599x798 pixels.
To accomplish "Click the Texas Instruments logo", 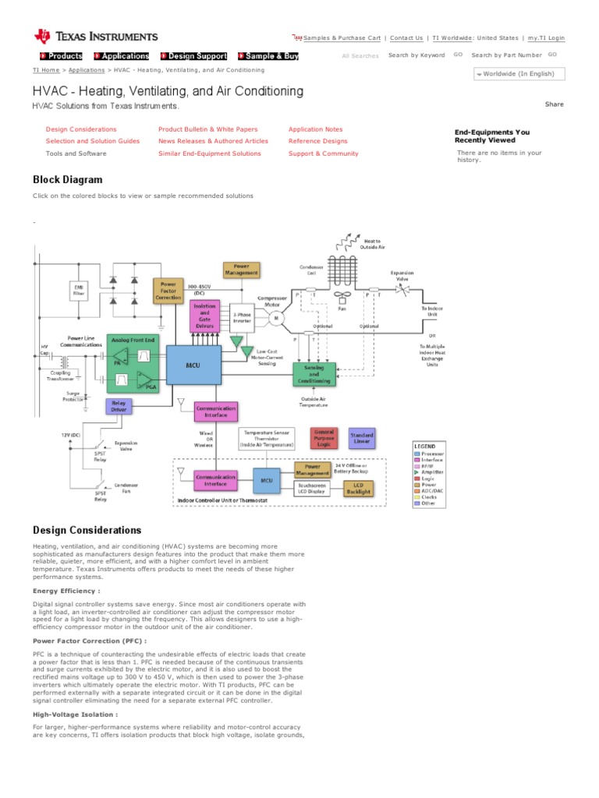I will click(96, 36).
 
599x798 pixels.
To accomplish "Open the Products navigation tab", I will click(62, 56).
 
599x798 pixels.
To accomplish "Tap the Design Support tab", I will click(194, 56).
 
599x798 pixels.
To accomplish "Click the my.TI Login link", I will click(546, 37).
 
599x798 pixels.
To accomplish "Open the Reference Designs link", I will click(317, 141).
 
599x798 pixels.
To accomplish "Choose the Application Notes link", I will click(315, 129).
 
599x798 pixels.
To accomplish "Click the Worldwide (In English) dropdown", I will click(518, 74).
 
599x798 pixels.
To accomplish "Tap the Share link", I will click(554, 104).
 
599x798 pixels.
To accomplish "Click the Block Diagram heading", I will click(67, 179).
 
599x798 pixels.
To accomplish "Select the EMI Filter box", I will click(78, 291).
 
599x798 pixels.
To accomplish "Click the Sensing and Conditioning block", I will click(314, 373).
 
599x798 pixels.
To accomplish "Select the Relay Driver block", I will click(118, 406).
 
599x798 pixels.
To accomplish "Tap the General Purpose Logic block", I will click(324, 437).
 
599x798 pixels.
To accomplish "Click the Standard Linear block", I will click(362, 438).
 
